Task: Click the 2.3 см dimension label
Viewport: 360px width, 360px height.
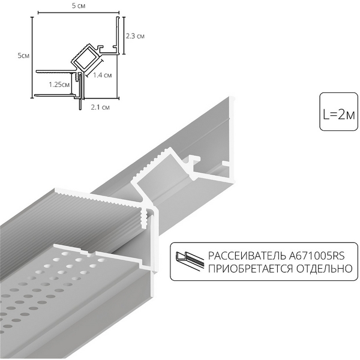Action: (136, 36)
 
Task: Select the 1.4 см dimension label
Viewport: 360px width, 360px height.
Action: (103, 76)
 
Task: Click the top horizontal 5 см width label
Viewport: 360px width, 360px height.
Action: (78, 5)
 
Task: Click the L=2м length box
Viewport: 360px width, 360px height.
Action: (338, 113)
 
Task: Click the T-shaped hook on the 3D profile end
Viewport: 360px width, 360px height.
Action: (194, 161)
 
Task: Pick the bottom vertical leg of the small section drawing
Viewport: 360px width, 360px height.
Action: (80, 99)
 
